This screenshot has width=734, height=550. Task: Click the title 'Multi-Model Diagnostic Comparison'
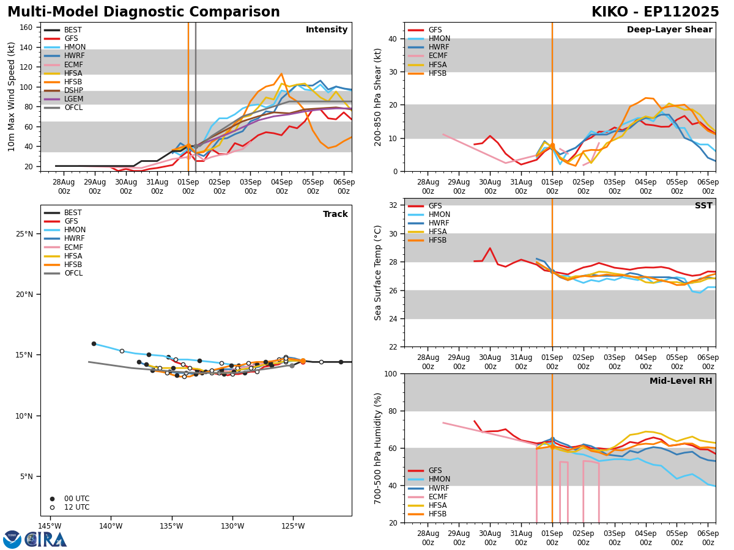click(143, 12)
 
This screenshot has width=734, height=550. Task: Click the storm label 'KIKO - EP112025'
click(655, 12)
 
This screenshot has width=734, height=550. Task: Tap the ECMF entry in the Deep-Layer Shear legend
click(438, 56)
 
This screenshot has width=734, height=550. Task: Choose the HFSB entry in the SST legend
click(438, 240)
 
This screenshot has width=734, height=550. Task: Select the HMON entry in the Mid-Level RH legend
click(439, 479)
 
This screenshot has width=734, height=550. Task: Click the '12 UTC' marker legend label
click(76, 507)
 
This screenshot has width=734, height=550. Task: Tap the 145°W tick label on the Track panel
click(50, 527)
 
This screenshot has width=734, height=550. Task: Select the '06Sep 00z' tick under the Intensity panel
click(343, 186)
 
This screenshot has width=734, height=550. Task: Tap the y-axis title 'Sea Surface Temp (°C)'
click(378, 273)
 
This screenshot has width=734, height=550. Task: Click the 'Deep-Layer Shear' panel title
click(669, 30)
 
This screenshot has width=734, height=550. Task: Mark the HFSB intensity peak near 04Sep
click(281, 74)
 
